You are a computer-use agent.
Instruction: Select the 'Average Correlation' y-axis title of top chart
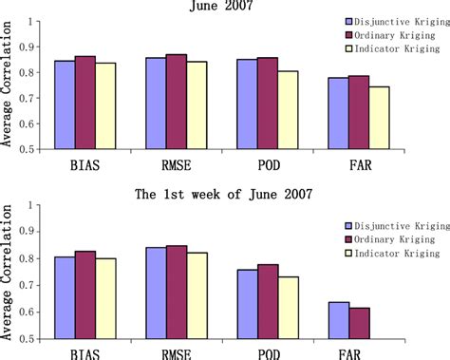(9, 85)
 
